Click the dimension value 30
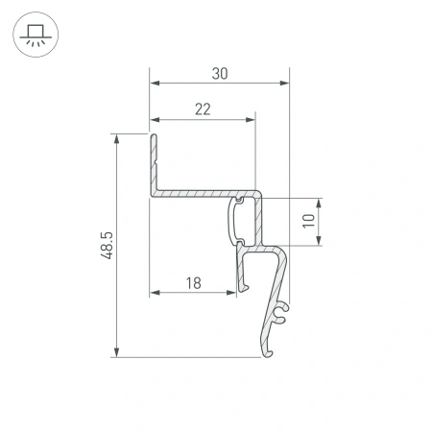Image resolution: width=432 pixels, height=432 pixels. click(x=221, y=74)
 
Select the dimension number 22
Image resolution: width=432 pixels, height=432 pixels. click(x=202, y=109)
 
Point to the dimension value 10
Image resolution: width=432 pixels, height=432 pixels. click(x=308, y=220)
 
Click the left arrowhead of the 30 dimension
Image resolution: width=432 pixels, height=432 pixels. click(x=153, y=84)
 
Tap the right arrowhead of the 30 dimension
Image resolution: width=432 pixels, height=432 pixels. click(x=285, y=84)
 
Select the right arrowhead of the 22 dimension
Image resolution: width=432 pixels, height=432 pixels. click(x=253, y=119)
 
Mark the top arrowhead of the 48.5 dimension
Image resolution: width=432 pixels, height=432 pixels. click(x=116, y=137)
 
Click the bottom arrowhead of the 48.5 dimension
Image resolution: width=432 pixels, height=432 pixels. click(x=116, y=354)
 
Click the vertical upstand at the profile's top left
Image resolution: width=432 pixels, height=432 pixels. click(x=152, y=158)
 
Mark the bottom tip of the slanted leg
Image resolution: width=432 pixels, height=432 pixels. click(x=268, y=354)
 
